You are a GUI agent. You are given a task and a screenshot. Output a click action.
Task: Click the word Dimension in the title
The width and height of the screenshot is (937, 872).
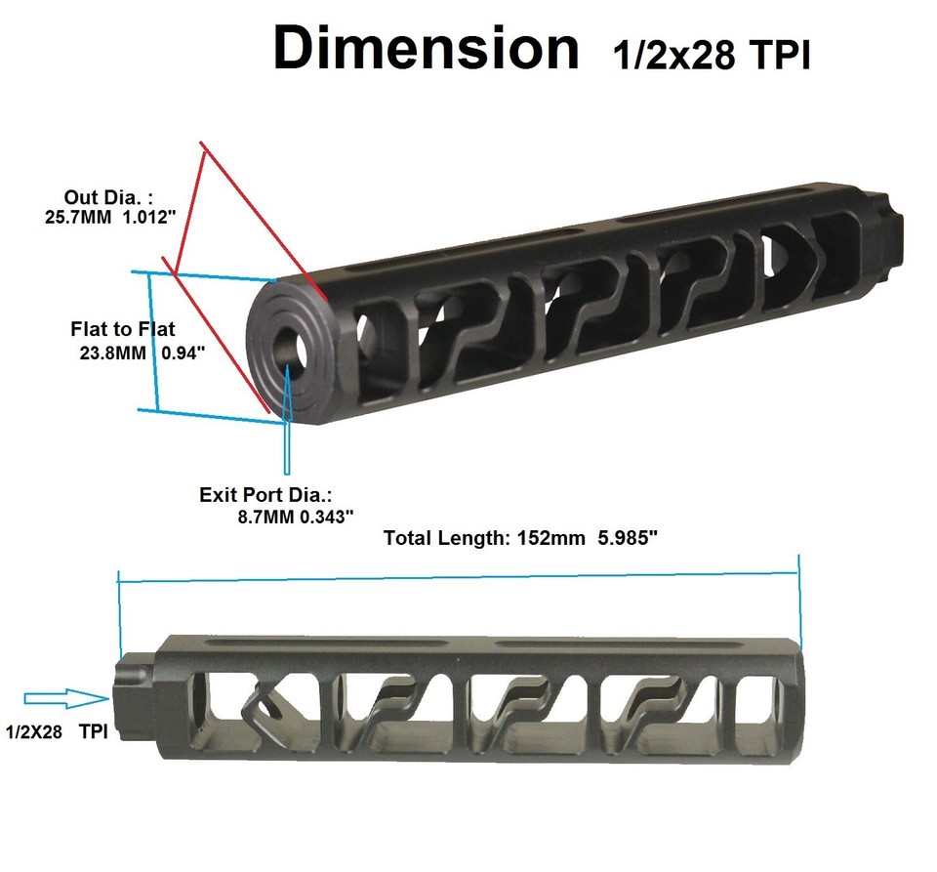click(426, 49)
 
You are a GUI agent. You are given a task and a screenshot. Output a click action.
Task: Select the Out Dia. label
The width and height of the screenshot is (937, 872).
click(108, 195)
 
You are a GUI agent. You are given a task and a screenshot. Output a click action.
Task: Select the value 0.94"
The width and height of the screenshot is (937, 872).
click(179, 353)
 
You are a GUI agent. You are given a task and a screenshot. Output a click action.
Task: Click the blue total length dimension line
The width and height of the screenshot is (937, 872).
click(459, 575)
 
